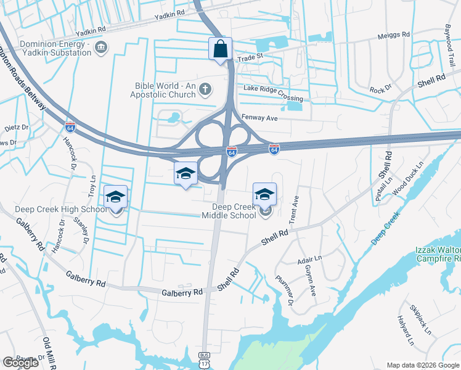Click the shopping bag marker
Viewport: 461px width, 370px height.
(x=221, y=49)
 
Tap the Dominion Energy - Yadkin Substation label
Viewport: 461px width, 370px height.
(x=55, y=48)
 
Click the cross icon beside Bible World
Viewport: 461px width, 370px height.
(x=206, y=91)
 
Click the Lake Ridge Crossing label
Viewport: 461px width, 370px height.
(x=272, y=93)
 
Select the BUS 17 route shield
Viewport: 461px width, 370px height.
(x=203, y=357)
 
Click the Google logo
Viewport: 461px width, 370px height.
(x=20, y=363)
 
